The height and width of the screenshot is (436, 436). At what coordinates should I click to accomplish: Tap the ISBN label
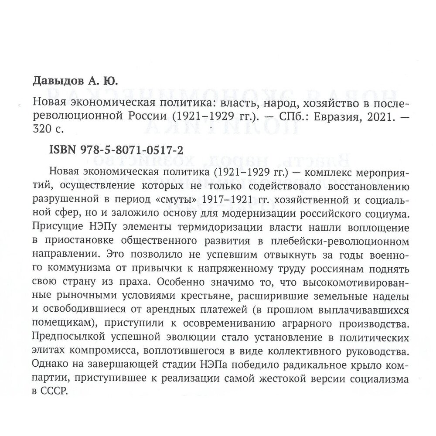pos(58,150)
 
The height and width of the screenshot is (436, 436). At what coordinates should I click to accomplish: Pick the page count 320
pos(43,129)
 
